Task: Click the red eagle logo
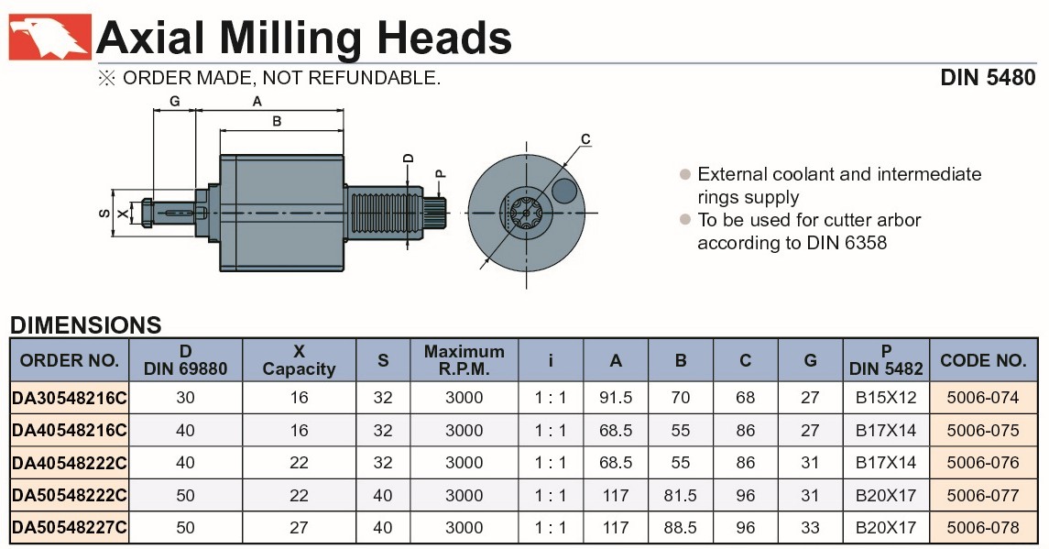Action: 49,37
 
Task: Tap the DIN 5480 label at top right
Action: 988,78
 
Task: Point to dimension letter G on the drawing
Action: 175,101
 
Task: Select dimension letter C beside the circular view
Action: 586,139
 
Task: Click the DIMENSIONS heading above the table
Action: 85,325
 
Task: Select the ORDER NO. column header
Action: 69,360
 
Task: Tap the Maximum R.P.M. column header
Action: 464,360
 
